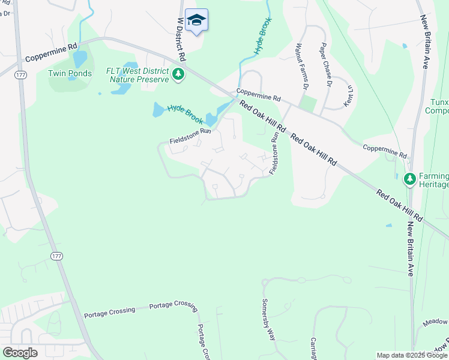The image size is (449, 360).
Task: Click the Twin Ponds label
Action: pos(70,74)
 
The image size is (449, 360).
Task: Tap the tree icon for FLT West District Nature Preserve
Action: pos(178,74)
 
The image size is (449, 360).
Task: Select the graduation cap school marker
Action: pos(196,21)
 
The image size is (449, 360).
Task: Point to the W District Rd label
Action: pos(181,39)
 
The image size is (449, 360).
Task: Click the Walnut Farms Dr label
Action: pos(301,67)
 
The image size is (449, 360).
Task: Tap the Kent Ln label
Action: pos(349,95)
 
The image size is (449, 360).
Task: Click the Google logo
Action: pos(20,353)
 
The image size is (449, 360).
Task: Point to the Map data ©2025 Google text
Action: pos(412,355)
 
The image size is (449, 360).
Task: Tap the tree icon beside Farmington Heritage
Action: pos(409,179)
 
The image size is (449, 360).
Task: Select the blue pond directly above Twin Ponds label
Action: pos(79,59)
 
